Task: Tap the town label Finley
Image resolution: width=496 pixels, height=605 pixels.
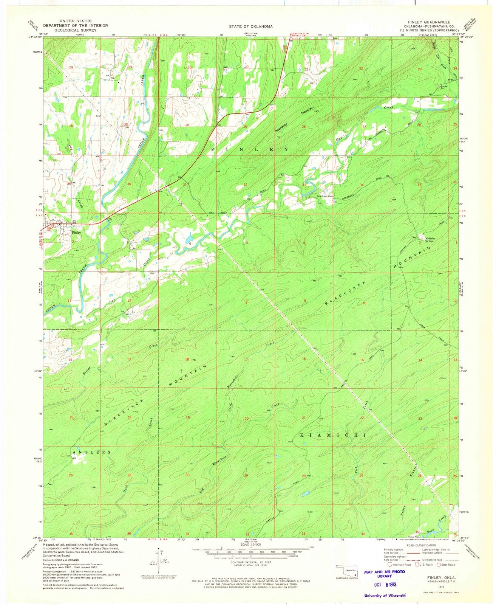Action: (76, 233)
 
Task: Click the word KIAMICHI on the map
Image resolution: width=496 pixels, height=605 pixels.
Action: (333, 436)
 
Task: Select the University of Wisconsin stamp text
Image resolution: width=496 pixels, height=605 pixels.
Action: (385, 595)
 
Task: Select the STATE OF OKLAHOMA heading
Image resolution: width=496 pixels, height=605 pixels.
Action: (250, 27)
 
